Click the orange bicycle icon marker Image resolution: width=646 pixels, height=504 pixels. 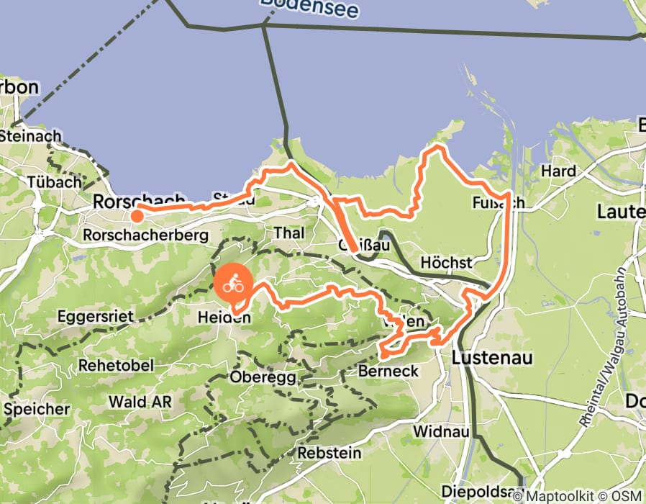232,285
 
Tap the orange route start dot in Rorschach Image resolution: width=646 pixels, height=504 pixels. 136,214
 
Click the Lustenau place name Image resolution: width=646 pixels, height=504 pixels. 492,358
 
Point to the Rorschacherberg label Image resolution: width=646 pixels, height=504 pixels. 145,235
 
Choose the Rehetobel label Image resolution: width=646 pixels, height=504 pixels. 116,365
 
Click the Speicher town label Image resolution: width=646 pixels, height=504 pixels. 37,409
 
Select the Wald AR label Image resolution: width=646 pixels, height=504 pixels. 140,402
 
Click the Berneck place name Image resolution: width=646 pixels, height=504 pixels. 386,372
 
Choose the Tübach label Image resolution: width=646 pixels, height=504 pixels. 54,182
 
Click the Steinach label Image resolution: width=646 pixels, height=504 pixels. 31,135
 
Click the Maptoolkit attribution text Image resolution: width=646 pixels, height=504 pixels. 564,495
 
